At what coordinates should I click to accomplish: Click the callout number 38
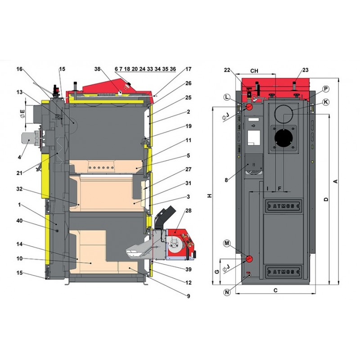coord(97,69)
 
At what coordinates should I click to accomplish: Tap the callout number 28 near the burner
coord(188,211)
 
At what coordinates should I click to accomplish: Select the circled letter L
coord(227,97)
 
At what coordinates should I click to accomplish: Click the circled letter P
coord(325,89)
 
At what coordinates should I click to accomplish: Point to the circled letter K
coord(325,102)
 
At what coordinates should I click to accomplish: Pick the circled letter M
coord(227,243)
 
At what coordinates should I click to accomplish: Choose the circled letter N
coord(227,292)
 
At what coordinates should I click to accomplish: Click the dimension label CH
coord(254,71)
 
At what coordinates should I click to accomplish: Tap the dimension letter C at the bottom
coord(275,290)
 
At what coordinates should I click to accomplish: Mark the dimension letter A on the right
coord(335,181)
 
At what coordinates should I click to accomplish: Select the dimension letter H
coord(210,196)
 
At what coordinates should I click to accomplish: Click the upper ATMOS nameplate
coord(283,206)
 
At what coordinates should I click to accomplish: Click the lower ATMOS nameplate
coord(283,272)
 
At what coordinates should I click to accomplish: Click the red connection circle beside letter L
coord(249,107)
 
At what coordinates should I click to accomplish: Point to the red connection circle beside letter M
coord(249,259)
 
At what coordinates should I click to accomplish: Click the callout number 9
coord(189,296)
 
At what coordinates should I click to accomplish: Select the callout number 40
coord(19,221)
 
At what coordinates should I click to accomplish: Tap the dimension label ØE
coord(22,114)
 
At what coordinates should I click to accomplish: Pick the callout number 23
coord(306,70)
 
